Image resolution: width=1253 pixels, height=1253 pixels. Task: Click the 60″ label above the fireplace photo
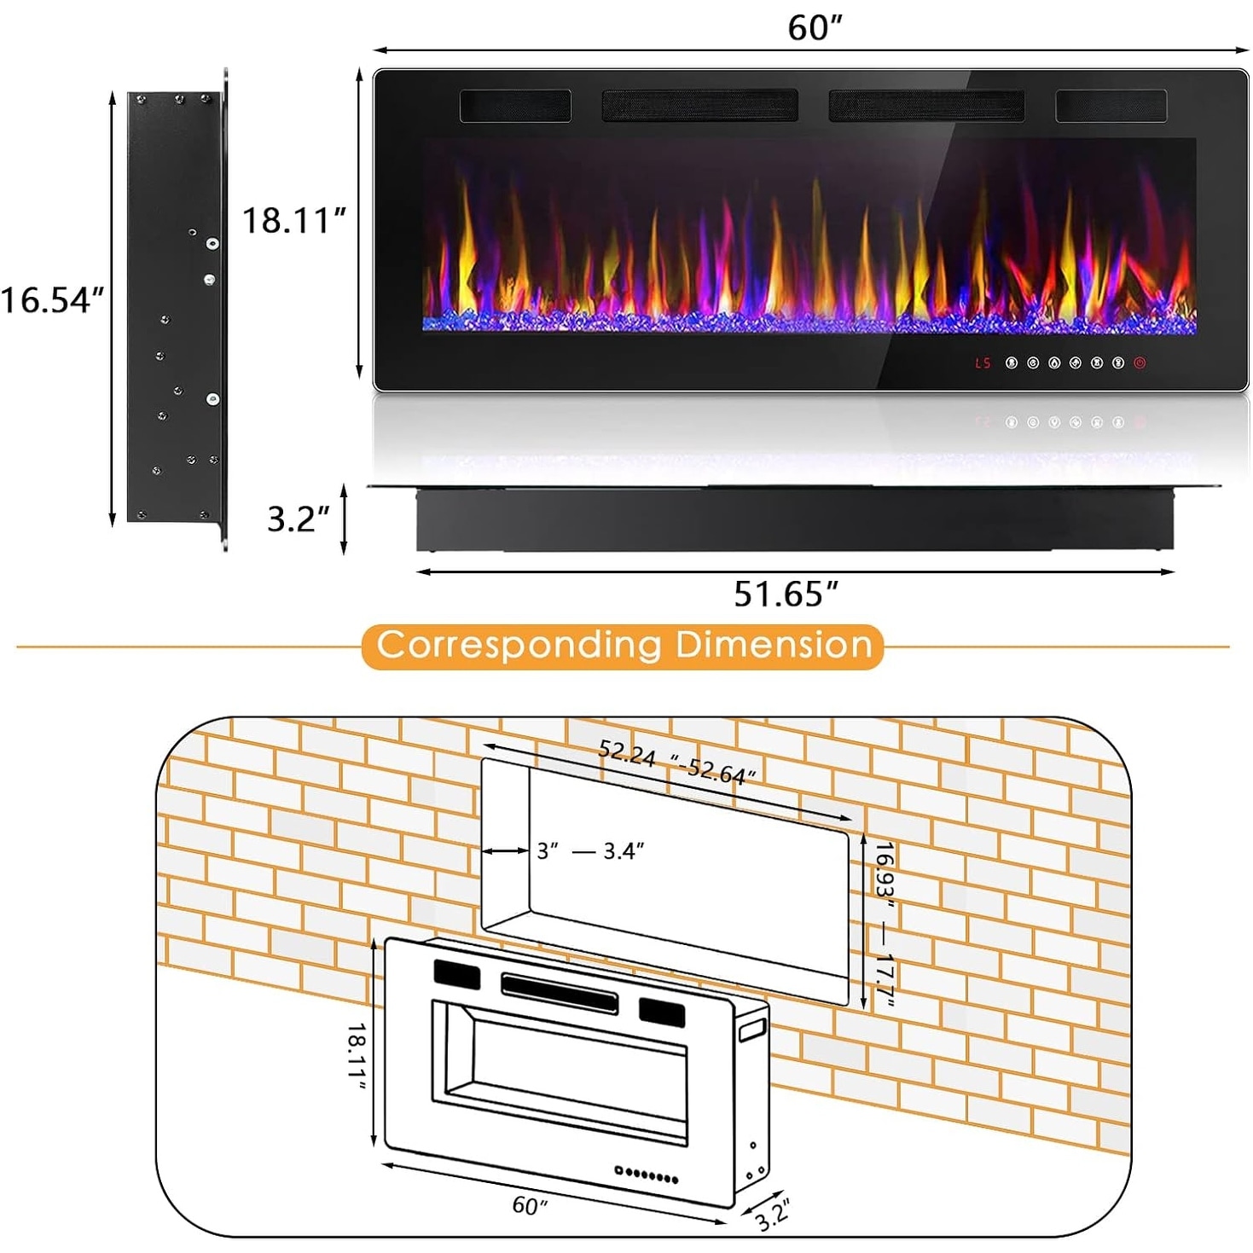815,27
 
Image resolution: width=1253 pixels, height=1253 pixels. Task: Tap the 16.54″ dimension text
52,300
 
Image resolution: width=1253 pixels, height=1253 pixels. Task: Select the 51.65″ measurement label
786,593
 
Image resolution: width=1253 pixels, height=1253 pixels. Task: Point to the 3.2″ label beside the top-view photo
299,519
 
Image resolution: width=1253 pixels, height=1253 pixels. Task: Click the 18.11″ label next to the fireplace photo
294,220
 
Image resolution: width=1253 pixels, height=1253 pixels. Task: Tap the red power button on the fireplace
1140,363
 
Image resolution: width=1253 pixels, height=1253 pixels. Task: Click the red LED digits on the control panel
983,363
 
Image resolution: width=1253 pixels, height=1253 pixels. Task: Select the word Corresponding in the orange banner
519,646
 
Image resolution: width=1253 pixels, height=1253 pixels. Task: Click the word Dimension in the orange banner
773,644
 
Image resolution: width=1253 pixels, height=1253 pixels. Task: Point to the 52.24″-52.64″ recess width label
676,762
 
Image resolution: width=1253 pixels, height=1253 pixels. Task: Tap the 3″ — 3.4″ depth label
590,850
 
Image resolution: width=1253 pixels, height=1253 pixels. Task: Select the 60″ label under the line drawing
530,1205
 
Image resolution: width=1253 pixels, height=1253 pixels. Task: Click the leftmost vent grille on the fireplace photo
516,106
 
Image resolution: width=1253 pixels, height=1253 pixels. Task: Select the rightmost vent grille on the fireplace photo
1111,106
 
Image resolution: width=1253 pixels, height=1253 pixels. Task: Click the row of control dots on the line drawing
647,1175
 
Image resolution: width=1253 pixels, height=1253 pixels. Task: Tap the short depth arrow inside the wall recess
505,851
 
